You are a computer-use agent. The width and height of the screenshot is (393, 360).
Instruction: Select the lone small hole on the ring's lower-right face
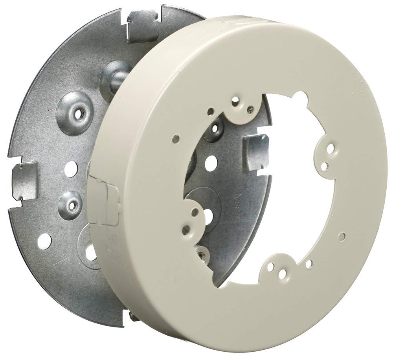coord(342,237)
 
